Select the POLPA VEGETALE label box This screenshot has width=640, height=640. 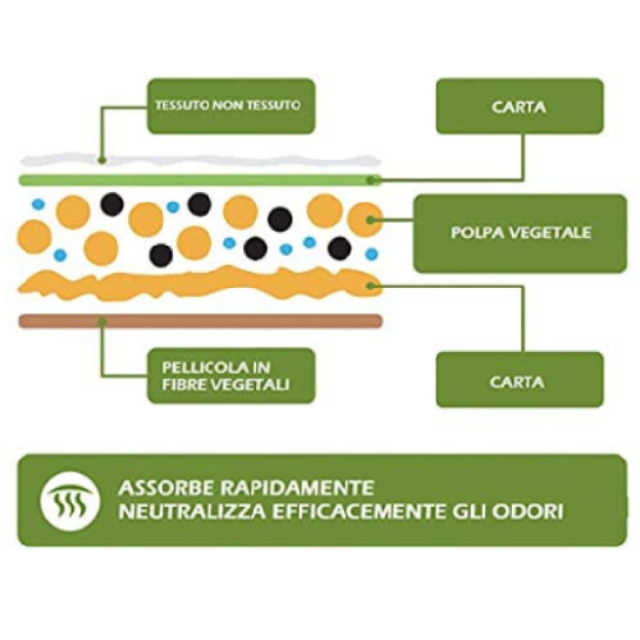click(520, 233)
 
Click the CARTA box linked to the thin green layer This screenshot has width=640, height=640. click(519, 107)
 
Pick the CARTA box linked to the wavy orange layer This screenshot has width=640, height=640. click(519, 381)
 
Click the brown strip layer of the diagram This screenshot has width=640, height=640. click(199, 321)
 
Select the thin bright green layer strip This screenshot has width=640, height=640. click(199, 179)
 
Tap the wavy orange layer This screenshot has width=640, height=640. click(199, 283)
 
